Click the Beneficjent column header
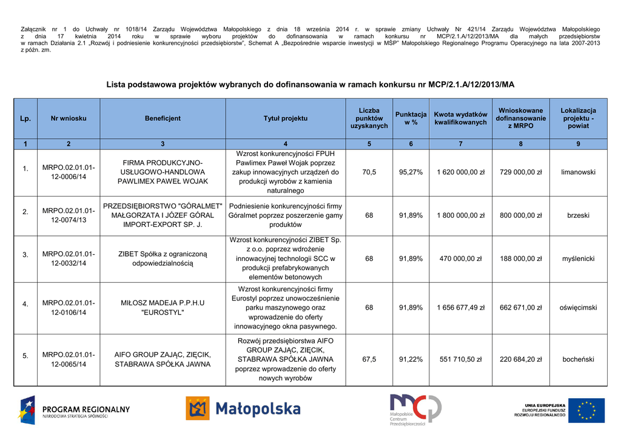[x=163, y=118]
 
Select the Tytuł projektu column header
[x=285, y=118]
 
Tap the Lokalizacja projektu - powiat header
[x=578, y=118]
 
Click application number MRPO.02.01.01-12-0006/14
[x=69, y=172]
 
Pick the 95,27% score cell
[x=411, y=172]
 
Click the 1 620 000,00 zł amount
[x=460, y=172]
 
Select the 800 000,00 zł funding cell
[x=520, y=215]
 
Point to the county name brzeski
[x=578, y=215]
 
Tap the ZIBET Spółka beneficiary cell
[x=163, y=259]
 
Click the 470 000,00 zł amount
[x=460, y=259]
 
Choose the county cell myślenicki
[x=578, y=259]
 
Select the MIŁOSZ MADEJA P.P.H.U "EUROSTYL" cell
[x=163, y=308]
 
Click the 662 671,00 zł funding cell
[x=520, y=308]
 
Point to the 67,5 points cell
[x=369, y=359]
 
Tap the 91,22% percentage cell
[x=411, y=359]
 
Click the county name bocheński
[x=578, y=359]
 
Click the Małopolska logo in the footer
[x=243, y=409]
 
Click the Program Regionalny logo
[x=74, y=410]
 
